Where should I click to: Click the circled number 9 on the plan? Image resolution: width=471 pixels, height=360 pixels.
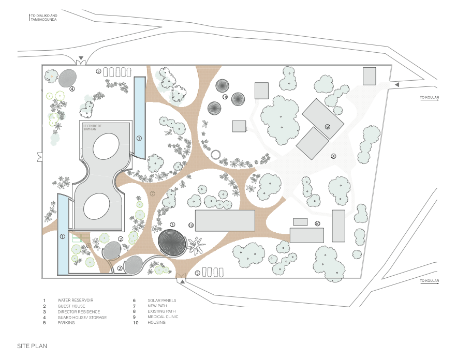[328, 127]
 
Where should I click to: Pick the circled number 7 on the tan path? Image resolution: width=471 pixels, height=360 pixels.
[153, 194]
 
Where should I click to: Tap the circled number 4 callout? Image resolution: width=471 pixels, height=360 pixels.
[72, 89]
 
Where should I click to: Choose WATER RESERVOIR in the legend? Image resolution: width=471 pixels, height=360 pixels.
[75, 300]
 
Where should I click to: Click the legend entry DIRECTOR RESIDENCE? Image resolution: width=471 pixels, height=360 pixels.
[79, 311]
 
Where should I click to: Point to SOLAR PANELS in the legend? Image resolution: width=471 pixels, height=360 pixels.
[162, 300]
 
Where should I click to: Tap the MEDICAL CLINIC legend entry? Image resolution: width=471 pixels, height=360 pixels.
[163, 317]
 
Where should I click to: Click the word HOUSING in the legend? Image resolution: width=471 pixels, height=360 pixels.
[157, 323]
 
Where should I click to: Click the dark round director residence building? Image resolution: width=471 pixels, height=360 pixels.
[172, 242]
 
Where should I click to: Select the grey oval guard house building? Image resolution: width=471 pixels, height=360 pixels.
[67, 78]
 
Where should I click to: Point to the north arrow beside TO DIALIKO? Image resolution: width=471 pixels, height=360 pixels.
[29, 18]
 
